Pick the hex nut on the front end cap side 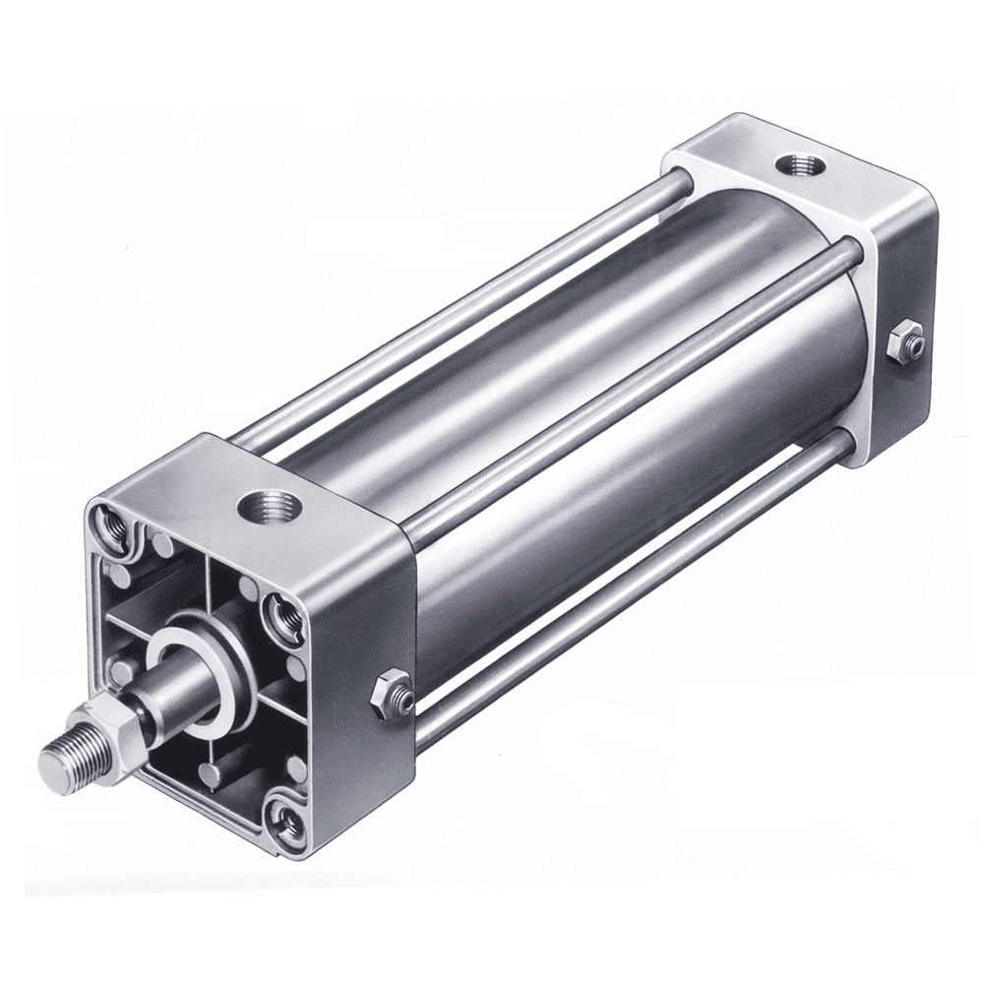pos(391,692)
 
